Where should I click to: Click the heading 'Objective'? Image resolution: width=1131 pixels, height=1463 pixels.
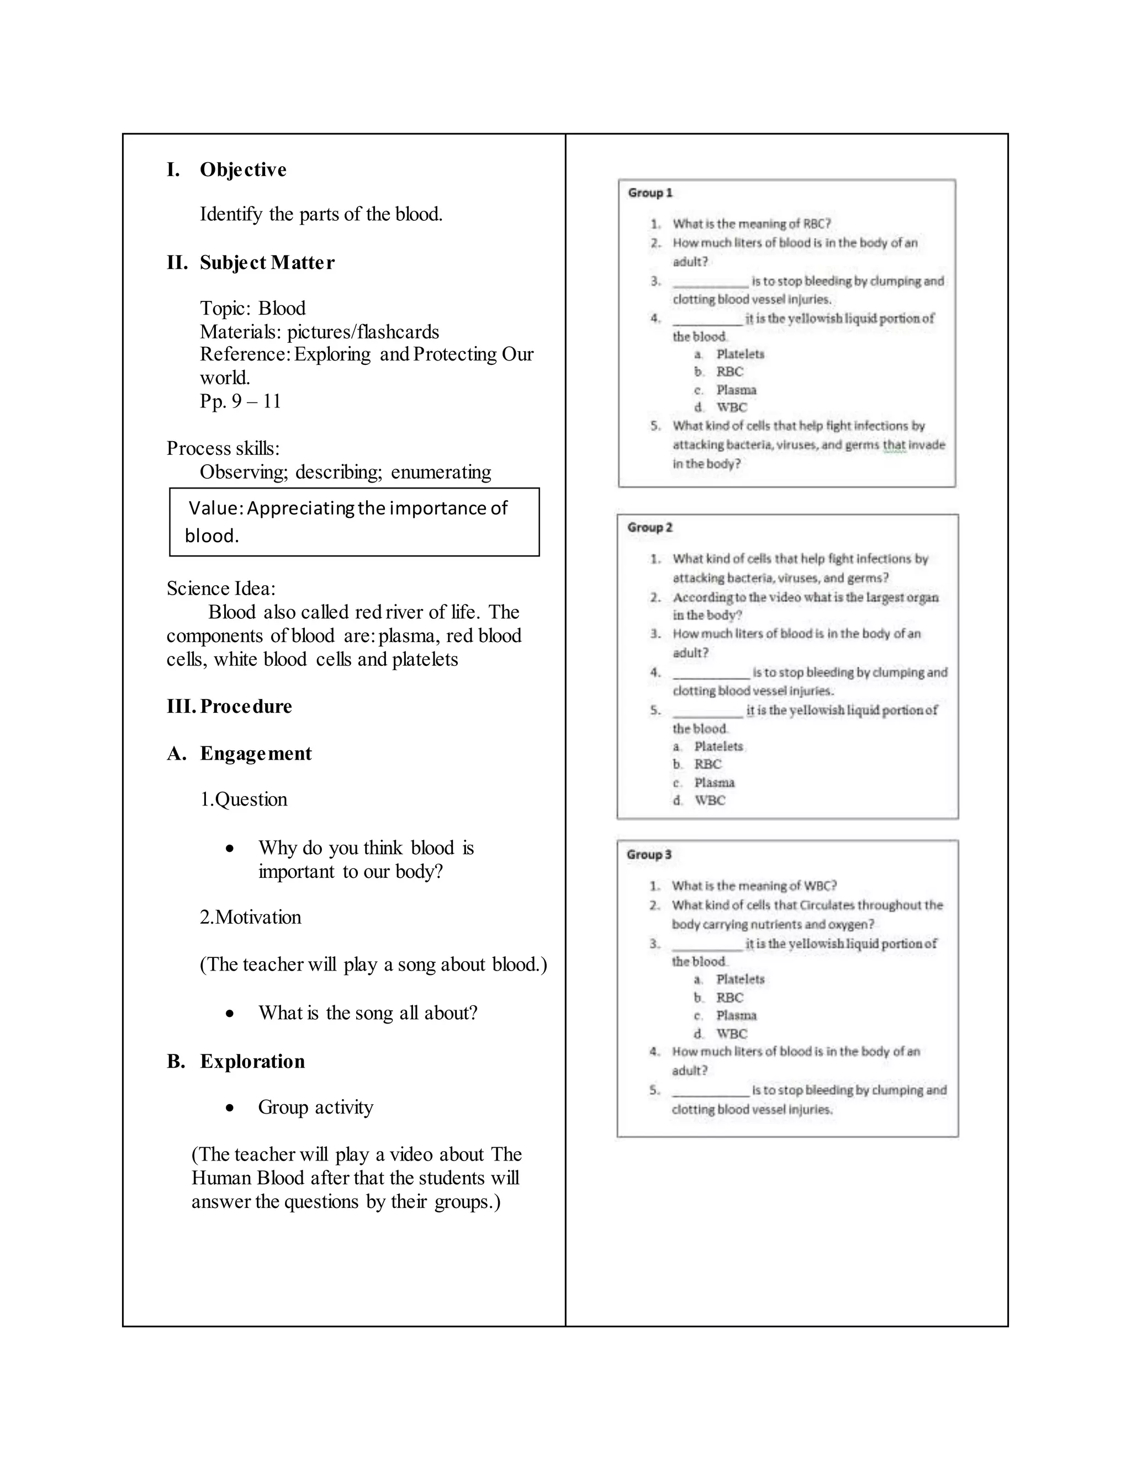click(x=242, y=169)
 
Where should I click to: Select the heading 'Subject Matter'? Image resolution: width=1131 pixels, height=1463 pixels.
click(x=267, y=263)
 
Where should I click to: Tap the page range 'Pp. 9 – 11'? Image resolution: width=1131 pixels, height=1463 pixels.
click(x=240, y=401)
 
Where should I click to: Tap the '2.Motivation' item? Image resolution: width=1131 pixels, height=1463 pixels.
click(x=250, y=917)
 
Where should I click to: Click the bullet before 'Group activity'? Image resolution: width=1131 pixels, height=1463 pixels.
click(x=230, y=1108)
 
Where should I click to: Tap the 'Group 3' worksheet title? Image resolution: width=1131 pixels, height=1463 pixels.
click(x=648, y=855)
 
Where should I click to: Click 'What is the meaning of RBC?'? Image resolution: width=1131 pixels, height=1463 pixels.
click(x=751, y=224)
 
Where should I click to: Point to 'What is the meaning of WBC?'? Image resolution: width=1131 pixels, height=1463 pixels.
click(x=754, y=886)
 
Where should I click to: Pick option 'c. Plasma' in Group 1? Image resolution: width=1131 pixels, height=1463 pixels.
click(x=735, y=390)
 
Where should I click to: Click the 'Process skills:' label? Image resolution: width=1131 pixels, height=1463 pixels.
click(x=223, y=448)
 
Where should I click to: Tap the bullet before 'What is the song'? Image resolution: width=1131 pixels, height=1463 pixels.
click(x=230, y=1014)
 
